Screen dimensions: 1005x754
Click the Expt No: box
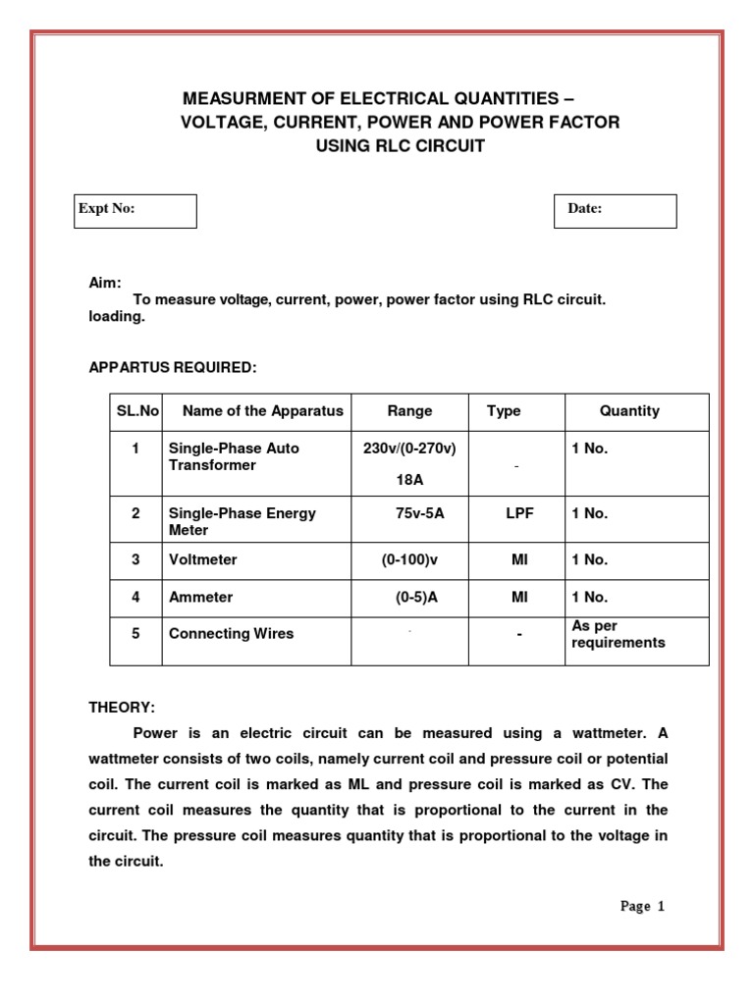click(135, 210)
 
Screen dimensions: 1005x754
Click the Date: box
click(615, 210)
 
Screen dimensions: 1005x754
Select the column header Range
click(409, 411)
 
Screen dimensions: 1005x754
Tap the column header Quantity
click(629, 411)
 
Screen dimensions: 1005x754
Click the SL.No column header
click(134, 411)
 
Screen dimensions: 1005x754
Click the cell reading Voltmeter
click(203, 559)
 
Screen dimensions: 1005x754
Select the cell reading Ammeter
click(201, 597)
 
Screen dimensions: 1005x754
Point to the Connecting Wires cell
click(231, 634)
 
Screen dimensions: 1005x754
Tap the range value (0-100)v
click(411, 559)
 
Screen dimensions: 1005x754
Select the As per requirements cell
click(618, 634)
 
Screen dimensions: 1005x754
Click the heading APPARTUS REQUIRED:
click(173, 366)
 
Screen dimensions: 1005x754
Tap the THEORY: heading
click(122, 708)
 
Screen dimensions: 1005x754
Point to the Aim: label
click(105, 283)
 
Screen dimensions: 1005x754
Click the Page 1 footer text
click(642, 906)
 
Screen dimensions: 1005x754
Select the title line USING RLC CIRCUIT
click(400, 146)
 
